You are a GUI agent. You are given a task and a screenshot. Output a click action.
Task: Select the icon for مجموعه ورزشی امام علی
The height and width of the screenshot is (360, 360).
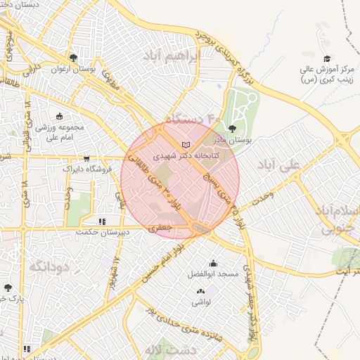[59, 116]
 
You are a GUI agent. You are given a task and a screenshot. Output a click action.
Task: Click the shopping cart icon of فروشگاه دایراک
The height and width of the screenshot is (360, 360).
[86, 159]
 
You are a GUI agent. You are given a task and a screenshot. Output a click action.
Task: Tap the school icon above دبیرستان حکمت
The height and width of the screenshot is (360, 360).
[103, 221]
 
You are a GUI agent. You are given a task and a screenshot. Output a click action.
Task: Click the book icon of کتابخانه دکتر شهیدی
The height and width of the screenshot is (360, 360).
[186, 145]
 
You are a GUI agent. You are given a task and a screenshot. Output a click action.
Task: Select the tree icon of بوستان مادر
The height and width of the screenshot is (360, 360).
[232, 129]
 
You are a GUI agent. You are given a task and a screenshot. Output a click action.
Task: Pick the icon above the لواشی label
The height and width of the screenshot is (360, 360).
[200, 291]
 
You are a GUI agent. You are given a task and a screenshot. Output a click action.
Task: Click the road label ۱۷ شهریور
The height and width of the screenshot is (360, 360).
[114, 273]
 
